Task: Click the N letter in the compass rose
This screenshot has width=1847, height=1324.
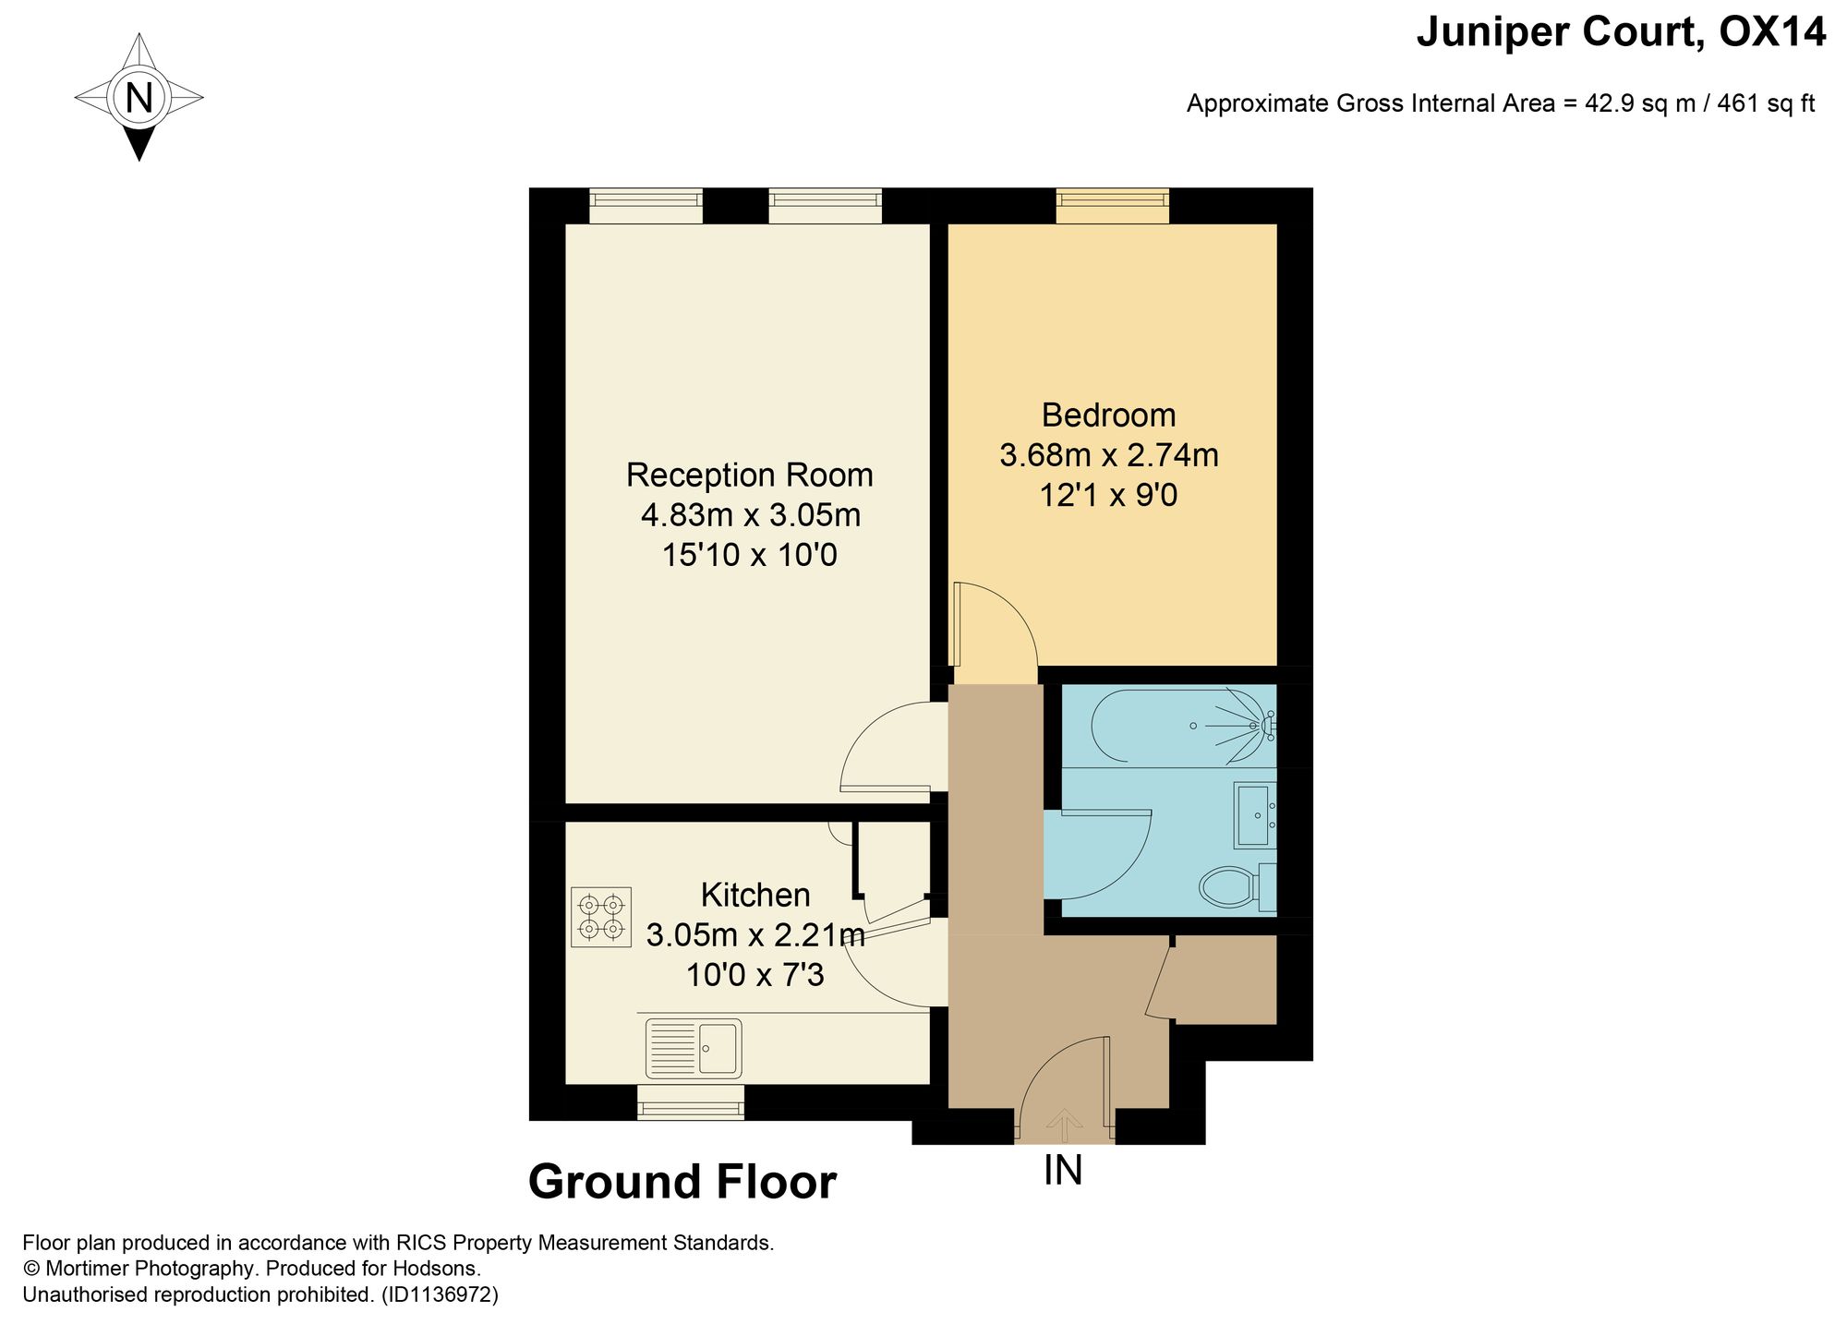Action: coord(139,97)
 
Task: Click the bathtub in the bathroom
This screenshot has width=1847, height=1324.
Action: coord(1173,727)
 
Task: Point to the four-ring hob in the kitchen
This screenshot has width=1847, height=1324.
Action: coord(601,917)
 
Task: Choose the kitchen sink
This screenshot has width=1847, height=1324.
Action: coord(694,1048)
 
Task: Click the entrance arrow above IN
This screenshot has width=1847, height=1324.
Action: coord(1065,1125)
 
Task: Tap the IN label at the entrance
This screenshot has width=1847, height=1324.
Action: coord(1063,1171)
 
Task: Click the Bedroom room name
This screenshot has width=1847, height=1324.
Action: coord(1108,415)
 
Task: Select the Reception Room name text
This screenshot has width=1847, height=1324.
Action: coord(749,475)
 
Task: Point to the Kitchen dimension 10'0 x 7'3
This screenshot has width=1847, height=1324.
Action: coord(754,975)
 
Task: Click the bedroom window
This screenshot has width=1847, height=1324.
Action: coord(1113,206)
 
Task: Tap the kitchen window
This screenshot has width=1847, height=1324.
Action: coord(691,1102)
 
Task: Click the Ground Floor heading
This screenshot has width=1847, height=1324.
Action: coord(682,1183)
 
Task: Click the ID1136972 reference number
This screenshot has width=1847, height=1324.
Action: coord(440,1295)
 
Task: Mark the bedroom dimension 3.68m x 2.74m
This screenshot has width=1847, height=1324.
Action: coord(1108,456)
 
